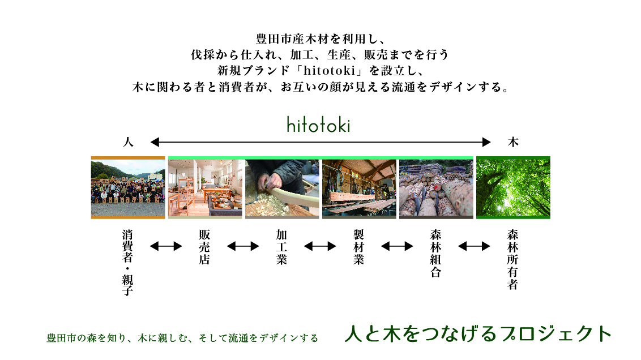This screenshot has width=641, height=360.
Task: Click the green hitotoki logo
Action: (x=318, y=125)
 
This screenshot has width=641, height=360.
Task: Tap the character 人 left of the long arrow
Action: (x=128, y=142)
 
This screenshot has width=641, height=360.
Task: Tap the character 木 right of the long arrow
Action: (x=513, y=142)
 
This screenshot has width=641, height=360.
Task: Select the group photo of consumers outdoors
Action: (x=128, y=187)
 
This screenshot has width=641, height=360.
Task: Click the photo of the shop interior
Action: (x=205, y=187)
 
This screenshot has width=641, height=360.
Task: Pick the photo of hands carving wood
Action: (x=282, y=187)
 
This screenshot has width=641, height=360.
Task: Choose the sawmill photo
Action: (x=360, y=187)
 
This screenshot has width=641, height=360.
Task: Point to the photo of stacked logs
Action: (x=436, y=187)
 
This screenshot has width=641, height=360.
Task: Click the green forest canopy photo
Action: (x=513, y=187)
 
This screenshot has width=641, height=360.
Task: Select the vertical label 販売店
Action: (x=204, y=247)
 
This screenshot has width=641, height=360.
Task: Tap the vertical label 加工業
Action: (x=281, y=247)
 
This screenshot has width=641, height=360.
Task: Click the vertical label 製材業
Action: (x=358, y=247)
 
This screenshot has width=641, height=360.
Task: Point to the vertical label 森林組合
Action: (x=436, y=254)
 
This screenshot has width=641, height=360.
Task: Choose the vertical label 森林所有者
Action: (x=512, y=259)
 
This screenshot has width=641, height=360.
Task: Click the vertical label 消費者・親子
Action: (x=127, y=262)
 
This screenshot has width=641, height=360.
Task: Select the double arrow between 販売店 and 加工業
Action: (x=243, y=246)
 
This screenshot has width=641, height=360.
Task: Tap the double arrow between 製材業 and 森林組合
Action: (x=397, y=246)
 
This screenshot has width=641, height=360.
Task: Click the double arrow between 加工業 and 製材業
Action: (x=320, y=246)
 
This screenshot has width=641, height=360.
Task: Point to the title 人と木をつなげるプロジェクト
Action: (x=478, y=333)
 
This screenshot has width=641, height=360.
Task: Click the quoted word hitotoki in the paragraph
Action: (x=330, y=70)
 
